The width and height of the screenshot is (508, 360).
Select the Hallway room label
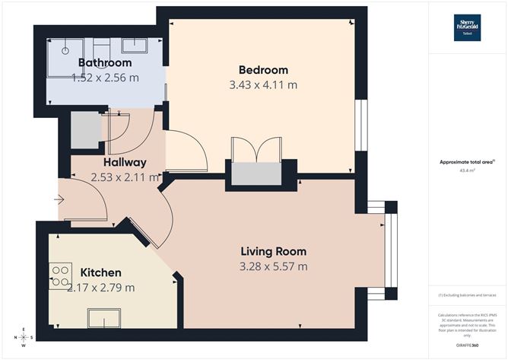click(125, 162)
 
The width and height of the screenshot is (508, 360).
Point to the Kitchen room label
click(101, 272)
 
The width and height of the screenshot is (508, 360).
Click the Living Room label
click(273, 251)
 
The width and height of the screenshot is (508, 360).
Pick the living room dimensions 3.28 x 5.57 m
click(274, 266)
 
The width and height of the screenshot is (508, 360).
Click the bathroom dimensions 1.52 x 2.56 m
click(105, 78)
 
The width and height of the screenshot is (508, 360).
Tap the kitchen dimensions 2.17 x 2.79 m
click(101, 288)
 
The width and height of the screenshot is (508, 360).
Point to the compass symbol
click(25, 336)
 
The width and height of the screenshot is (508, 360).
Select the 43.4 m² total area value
click(467, 171)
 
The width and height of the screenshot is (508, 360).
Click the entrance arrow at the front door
click(60, 200)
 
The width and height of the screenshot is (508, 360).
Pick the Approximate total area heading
click(467, 161)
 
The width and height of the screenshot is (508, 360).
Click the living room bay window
click(390, 250)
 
